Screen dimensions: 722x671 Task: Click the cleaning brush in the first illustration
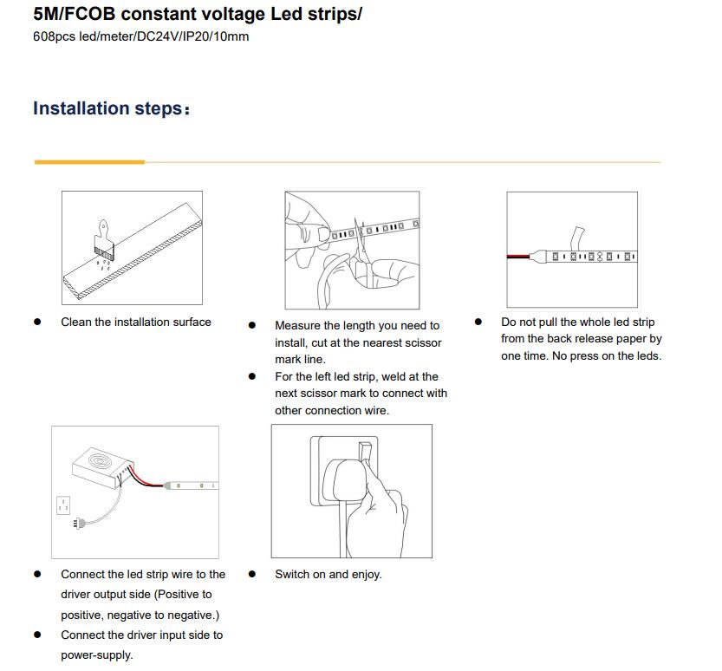click(104, 239)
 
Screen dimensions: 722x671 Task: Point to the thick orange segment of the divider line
click(89, 162)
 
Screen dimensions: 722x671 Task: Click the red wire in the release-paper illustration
click(518, 256)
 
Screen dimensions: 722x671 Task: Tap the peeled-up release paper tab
click(577, 238)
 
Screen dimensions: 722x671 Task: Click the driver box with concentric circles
click(102, 467)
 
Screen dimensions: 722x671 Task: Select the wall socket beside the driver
click(63, 505)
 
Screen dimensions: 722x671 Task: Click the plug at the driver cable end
click(79, 523)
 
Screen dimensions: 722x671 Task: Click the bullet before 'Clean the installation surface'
click(38, 322)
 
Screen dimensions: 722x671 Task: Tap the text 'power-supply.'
click(97, 655)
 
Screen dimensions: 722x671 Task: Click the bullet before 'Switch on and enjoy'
click(252, 574)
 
